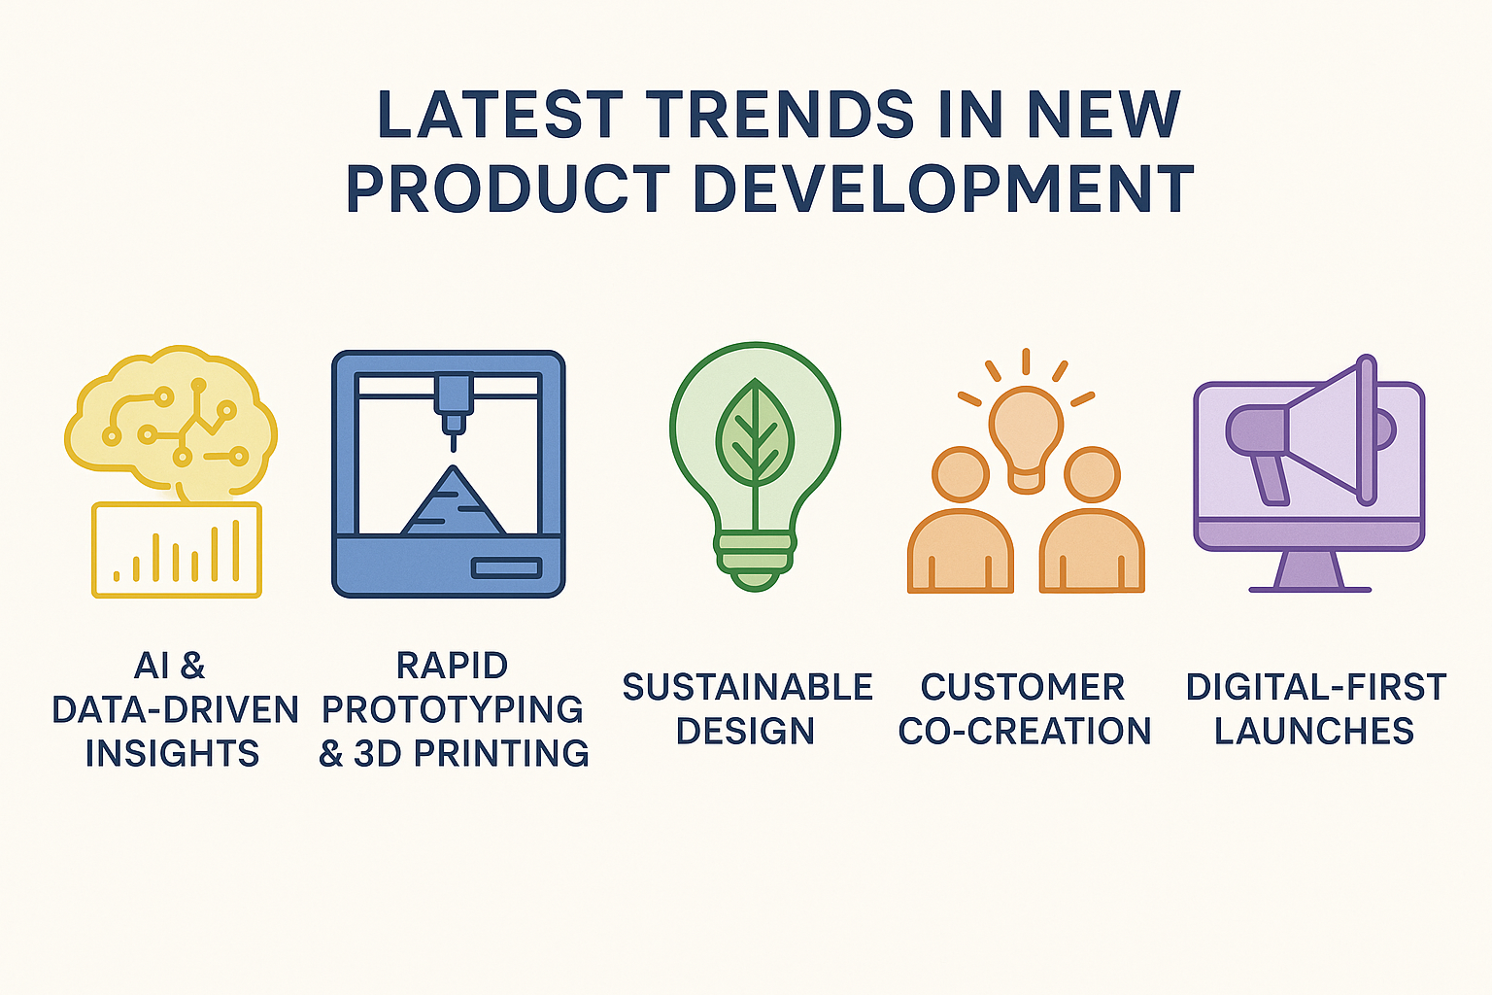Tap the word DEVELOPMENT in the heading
[x=942, y=189]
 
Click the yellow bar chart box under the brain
[x=177, y=550]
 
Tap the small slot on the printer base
[x=506, y=567]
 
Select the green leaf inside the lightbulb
[x=755, y=433]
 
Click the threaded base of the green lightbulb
[x=755, y=559]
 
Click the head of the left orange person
[x=961, y=474]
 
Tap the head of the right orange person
[x=1092, y=474]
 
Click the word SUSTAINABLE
[x=747, y=687]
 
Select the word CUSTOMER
[x=1023, y=687]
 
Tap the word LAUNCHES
[x=1314, y=731]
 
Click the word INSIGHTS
[x=173, y=753]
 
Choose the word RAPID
[x=453, y=665]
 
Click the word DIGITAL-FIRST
[x=1316, y=687]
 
